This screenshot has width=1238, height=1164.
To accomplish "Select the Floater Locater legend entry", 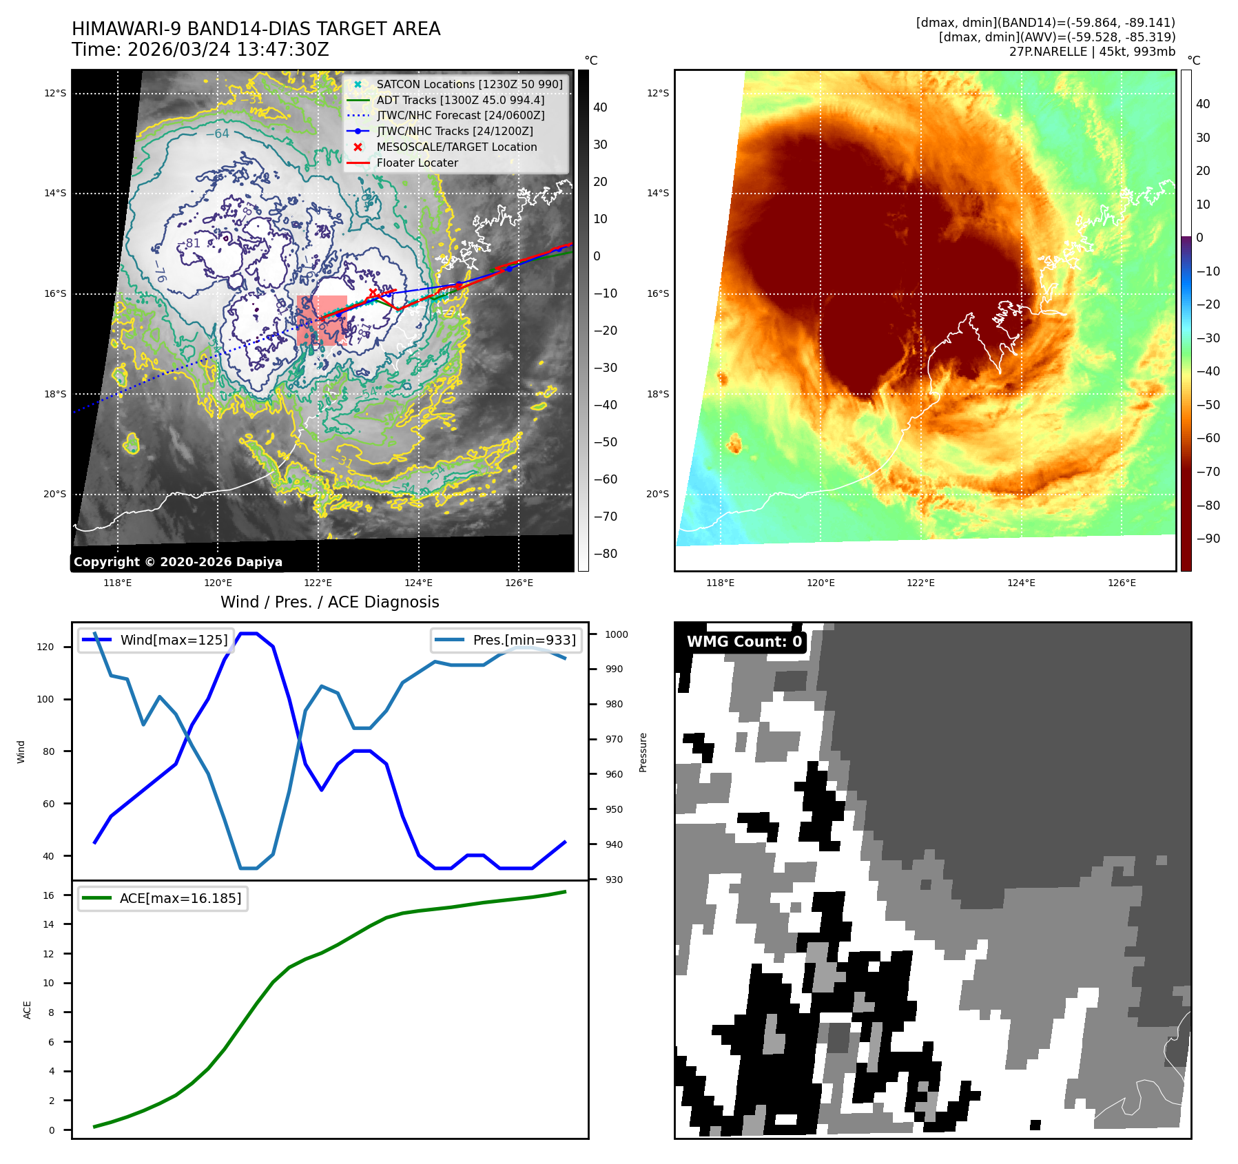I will pyautogui.click(x=417, y=163).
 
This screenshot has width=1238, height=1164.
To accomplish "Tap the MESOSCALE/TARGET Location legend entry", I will pyautogui.click(x=456, y=147).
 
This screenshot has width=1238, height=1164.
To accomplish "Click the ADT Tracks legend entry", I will pyautogui.click(x=460, y=100).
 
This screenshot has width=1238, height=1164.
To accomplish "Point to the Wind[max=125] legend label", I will pyautogui.click(x=174, y=640).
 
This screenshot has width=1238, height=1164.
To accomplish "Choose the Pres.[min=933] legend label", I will pyautogui.click(x=524, y=640).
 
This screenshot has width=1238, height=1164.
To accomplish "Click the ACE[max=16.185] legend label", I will pyautogui.click(x=180, y=898).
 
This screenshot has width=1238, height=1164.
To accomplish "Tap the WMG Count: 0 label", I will pyautogui.click(x=744, y=642).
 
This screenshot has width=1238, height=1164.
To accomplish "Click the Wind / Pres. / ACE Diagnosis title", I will pyautogui.click(x=329, y=602).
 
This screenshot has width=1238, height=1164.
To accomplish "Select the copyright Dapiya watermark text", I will pyautogui.click(x=178, y=562).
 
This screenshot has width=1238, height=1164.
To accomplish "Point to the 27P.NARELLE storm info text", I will pyautogui.click(x=1092, y=52).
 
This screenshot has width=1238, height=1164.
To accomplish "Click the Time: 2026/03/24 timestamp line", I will pyautogui.click(x=200, y=50).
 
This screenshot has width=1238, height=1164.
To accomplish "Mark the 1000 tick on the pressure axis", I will pyautogui.click(x=617, y=634).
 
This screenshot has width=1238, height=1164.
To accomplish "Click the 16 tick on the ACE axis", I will pyautogui.click(x=48, y=895).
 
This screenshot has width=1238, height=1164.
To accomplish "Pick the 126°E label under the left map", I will pyautogui.click(x=519, y=583).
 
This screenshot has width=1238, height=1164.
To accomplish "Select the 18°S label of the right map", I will pyautogui.click(x=657, y=394).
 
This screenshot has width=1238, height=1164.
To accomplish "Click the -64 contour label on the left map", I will pyautogui.click(x=218, y=134).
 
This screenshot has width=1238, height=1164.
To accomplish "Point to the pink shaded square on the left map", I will pyautogui.click(x=321, y=320).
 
